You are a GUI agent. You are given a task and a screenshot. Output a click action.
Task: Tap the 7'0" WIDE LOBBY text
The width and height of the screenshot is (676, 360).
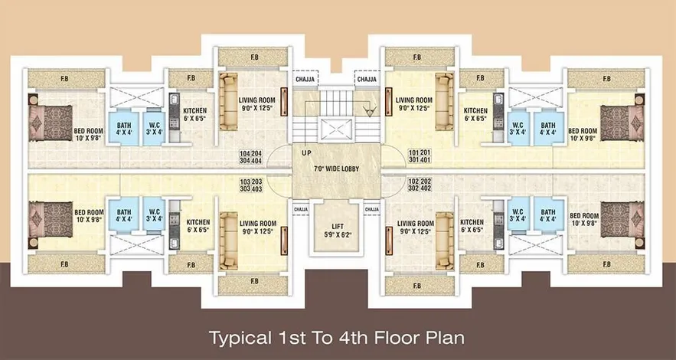pyautogui.click(x=337, y=169)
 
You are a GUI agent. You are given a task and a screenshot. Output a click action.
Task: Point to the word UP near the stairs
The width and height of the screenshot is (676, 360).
pyautogui.click(x=307, y=153)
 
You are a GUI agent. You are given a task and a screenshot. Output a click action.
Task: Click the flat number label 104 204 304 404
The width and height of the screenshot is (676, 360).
pyautogui.click(x=250, y=157)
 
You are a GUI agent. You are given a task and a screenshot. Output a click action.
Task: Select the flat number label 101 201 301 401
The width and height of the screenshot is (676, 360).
pyautogui.click(x=420, y=157)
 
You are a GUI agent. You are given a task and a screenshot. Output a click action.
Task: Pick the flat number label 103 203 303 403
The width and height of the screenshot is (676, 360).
pyautogui.click(x=250, y=185)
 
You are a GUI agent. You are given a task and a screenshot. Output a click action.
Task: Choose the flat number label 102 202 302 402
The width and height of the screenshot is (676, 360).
pyautogui.click(x=420, y=185)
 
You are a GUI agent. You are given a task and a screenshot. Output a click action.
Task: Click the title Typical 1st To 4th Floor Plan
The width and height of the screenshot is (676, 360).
pyautogui.click(x=337, y=338)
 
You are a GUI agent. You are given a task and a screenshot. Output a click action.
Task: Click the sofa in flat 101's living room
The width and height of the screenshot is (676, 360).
pyautogui.click(x=445, y=101)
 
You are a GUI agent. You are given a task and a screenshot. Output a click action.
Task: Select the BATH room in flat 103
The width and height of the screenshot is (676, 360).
pyautogui.click(x=124, y=214)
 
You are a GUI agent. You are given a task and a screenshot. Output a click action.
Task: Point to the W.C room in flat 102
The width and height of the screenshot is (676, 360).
pyautogui.click(x=518, y=214)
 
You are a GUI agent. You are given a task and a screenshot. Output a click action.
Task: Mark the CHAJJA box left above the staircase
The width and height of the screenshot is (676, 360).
pyautogui.click(x=305, y=80)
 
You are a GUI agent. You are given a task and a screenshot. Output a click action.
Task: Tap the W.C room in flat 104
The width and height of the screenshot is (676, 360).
pyautogui.click(x=154, y=129)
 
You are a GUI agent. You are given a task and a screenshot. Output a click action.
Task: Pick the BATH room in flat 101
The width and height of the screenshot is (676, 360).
pyautogui.click(x=548, y=129)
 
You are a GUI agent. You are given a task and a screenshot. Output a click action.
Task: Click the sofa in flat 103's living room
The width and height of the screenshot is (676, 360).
pyautogui.click(x=229, y=241)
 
